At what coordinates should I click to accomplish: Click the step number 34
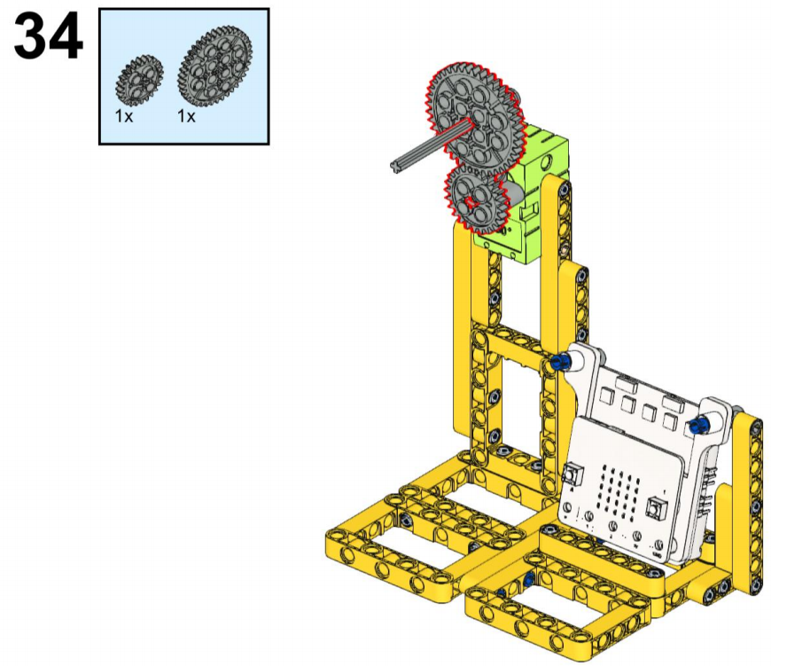(x=48, y=37)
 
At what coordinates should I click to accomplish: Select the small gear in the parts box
(x=139, y=79)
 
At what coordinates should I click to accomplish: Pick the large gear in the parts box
(x=214, y=67)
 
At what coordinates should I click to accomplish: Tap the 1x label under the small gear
(x=124, y=117)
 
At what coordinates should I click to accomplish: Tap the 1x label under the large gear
(x=186, y=117)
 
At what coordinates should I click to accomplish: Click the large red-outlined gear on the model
(x=475, y=120)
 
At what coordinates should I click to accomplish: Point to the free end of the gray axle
(x=397, y=166)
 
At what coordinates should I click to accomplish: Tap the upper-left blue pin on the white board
(x=559, y=361)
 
